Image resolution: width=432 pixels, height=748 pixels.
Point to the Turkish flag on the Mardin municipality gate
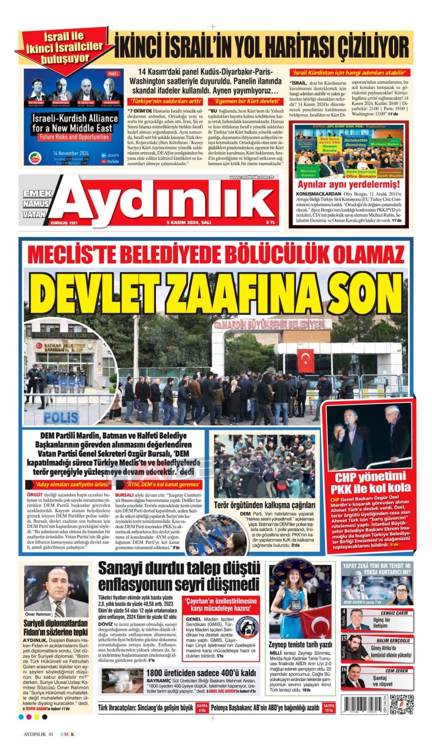[305, 360]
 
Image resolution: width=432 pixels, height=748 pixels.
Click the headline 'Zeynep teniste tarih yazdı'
[300, 645]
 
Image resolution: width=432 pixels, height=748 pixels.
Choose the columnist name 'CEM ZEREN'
[396, 671]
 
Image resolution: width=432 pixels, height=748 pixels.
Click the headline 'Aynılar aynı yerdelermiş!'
[348, 184]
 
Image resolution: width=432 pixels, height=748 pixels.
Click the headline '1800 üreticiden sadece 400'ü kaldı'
[201, 673]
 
